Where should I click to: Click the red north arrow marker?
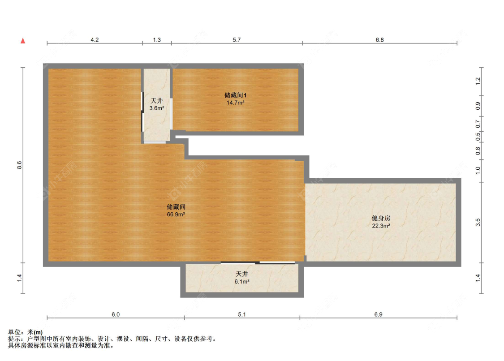click(22, 41)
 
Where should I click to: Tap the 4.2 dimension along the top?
click(95, 40)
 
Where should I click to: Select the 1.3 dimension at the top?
click(156, 40)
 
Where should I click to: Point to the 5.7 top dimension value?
click(237, 40)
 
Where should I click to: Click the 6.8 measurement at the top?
click(379, 40)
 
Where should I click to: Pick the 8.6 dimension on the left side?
click(19, 165)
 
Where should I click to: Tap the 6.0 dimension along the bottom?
click(115, 314)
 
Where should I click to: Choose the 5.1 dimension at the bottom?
click(242, 314)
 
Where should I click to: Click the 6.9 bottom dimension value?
click(378, 314)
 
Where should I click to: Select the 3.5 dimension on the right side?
click(478, 222)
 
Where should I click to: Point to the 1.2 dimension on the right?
click(478, 81)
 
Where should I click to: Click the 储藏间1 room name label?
click(235, 95)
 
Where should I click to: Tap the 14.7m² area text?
click(235, 103)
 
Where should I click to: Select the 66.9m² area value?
click(176, 215)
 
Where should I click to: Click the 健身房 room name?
click(381, 218)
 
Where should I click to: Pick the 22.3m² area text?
click(381, 226)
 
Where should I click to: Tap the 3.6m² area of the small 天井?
click(156, 108)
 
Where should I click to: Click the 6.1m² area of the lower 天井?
click(242, 282)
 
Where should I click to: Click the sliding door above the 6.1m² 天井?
click(258, 262)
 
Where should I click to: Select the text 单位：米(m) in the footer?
click(26, 332)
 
